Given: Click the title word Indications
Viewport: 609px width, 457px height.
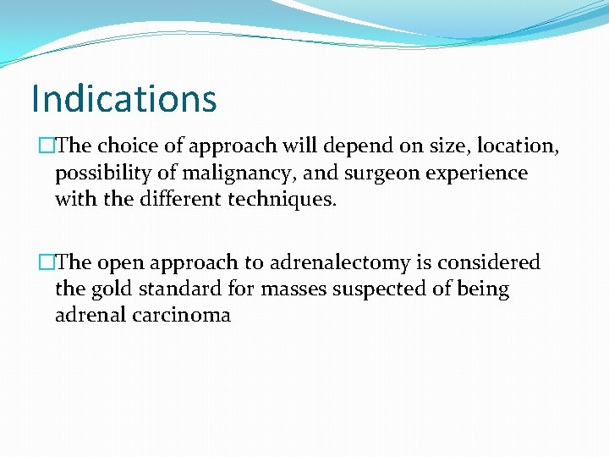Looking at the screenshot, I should [123, 98].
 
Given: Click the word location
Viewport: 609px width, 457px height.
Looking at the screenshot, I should [520, 146].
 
